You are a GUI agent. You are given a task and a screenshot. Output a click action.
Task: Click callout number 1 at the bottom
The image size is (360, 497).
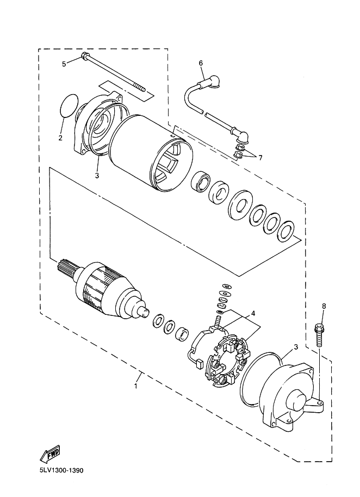point(136,386)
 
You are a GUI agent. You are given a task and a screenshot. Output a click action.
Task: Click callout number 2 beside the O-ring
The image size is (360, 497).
point(61,137)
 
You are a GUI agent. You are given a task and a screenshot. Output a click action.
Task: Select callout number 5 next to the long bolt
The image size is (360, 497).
point(64,64)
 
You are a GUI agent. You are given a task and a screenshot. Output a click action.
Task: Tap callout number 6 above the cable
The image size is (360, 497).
point(201,63)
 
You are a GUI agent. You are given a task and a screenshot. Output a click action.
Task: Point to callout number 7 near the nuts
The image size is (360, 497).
point(260,158)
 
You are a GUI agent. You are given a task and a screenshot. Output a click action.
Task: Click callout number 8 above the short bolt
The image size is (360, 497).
point(324,306)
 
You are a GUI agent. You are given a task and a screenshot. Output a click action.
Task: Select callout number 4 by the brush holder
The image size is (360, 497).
point(252,314)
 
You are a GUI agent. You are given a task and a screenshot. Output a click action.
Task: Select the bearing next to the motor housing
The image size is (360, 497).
point(201,181)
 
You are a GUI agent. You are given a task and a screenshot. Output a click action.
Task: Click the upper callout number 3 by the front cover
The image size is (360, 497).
point(96,175)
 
